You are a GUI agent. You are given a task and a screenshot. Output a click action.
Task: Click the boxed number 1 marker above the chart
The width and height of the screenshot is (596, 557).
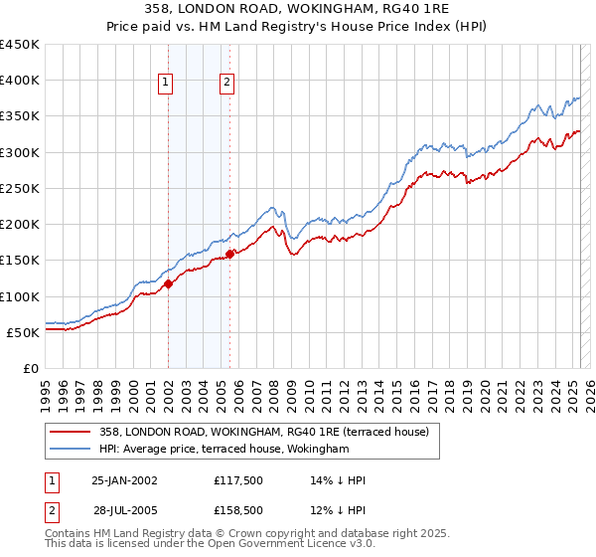165,83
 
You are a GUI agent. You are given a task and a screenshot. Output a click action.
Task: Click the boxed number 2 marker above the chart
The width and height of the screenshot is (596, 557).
227,83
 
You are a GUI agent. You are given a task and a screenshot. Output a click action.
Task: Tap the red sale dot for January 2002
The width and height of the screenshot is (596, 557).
168,283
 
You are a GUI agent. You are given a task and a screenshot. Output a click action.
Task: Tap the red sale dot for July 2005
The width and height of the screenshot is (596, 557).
229,254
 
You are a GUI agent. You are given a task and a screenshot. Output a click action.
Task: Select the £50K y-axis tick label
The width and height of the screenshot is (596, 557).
23,332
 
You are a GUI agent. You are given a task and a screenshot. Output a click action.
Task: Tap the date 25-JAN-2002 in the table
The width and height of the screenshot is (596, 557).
124,479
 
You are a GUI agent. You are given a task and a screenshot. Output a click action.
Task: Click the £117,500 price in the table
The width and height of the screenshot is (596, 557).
237,479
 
